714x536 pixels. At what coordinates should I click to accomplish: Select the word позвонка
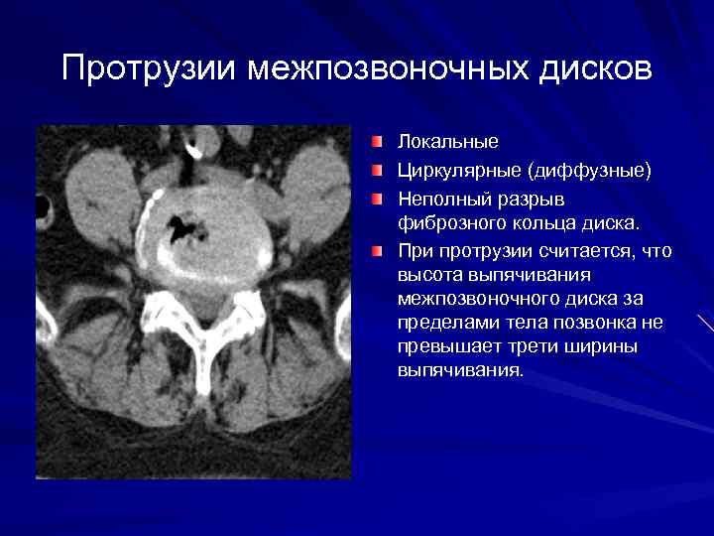tap(590, 323)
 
